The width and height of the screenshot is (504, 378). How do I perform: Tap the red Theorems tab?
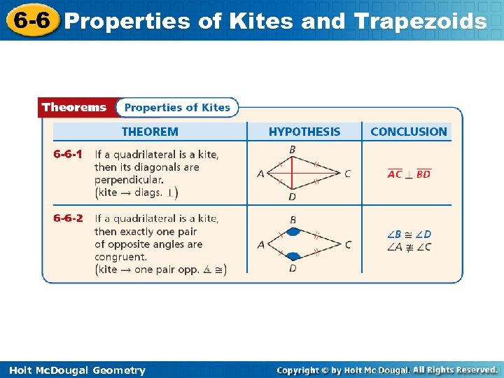point(74,108)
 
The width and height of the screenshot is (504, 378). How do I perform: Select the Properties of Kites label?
point(177,108)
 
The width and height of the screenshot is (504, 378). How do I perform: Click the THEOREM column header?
point(150,132)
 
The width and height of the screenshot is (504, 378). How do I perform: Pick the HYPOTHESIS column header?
point(304,132)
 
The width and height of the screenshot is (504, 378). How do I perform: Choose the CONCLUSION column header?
point(408,132)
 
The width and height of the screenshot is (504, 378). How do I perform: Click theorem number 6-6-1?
point(68,154)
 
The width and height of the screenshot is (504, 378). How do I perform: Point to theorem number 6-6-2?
point(68,218)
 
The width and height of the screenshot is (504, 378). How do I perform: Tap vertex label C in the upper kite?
point(348,174)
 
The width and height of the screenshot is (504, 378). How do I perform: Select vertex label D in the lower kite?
point(293,269)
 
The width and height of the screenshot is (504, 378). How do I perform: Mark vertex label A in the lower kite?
point(260,244)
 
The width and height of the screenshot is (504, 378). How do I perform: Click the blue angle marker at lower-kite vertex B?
point(293,232)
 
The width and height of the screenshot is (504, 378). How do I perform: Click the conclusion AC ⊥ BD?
point(409,174)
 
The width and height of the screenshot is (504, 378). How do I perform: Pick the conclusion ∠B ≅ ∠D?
point(409,234)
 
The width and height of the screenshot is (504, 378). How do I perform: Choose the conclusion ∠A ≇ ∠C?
point(409,246)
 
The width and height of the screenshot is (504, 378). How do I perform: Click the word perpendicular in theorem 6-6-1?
point(129,180)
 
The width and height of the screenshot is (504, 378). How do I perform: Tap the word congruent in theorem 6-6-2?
point(120,257)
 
